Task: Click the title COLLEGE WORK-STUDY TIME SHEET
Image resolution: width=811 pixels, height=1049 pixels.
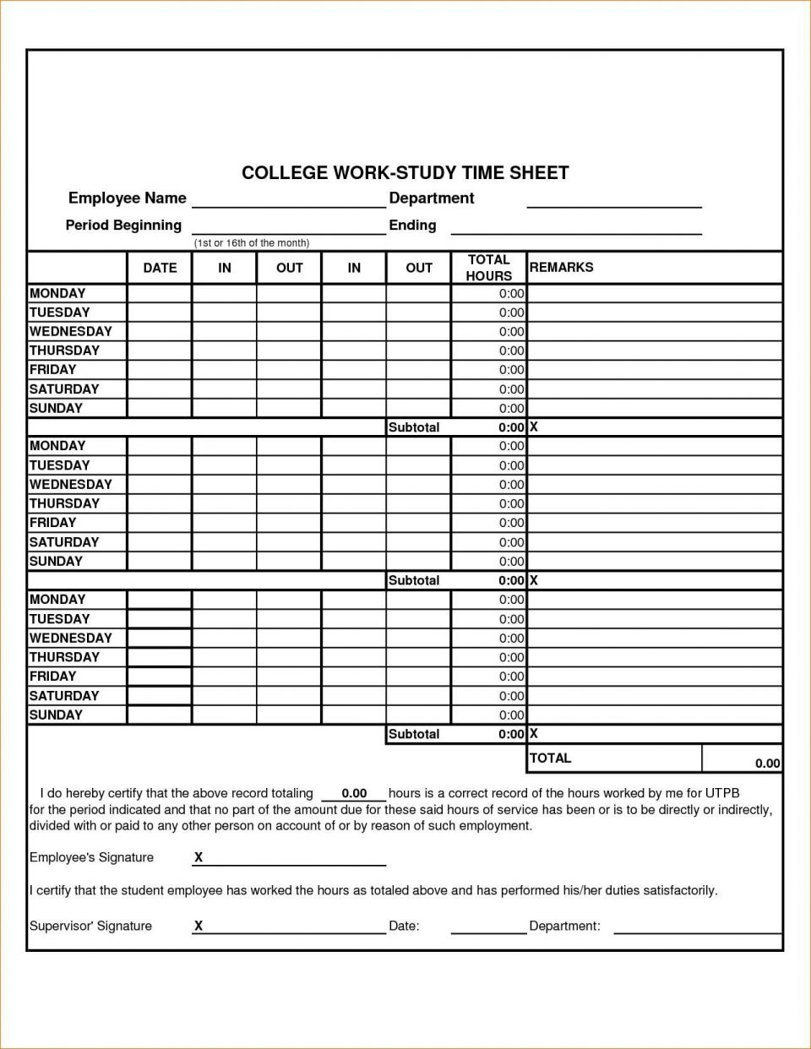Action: [x=405, y=173]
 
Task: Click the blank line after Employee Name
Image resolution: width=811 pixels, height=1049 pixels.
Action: [x=288, y=200]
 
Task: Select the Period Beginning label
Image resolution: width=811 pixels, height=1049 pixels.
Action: [x=123, y=226]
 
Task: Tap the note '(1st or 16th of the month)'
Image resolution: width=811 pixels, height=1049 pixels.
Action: [x=252, y=243]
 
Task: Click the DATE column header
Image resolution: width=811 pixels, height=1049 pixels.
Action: [x=160, y=268]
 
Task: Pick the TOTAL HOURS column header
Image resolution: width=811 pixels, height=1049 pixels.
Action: [x=488, y=268]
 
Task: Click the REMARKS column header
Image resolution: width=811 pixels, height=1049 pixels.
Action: [x=561, y=268]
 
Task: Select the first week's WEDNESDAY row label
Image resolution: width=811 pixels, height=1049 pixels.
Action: [x=70, y=332]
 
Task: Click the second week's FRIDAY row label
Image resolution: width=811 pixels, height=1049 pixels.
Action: [x=52, y=523]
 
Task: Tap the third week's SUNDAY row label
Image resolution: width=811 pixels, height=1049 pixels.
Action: [x=56, y=715]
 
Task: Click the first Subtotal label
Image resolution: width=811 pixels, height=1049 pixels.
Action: [x=414, y=427]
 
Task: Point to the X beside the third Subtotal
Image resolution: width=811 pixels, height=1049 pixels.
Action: [x=533, y=734]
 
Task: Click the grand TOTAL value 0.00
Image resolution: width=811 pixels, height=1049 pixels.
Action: [x=767, y=764]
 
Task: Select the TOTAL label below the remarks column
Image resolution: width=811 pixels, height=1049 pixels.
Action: [x=550, y=758]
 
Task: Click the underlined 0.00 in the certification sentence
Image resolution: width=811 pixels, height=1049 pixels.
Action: [x=354, y=794]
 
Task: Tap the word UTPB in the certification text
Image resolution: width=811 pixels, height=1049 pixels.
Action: [x=722, y=794]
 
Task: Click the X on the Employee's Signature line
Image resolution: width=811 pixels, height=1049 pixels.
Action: [x=199, y=857]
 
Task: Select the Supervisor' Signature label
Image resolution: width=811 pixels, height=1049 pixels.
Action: [x=90, y=927]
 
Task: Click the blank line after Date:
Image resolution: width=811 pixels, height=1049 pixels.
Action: [x=488, y=927]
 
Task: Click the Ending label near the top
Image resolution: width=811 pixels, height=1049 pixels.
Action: [x=412, y=226]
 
